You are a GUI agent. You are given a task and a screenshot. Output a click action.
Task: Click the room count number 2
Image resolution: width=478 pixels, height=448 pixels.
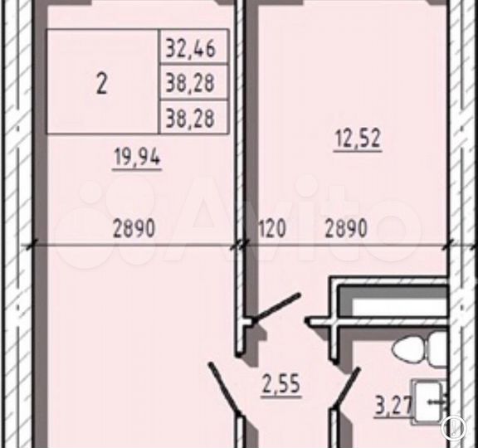tap(101, 83)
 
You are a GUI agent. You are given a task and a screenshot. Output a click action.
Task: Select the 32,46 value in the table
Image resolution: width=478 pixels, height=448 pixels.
tap(190, 48)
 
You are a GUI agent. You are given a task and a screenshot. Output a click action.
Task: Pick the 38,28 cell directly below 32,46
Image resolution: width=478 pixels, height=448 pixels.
tap(190, 83)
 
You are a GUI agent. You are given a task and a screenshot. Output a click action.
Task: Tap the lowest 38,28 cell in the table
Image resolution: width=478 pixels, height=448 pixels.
tap(190, 119)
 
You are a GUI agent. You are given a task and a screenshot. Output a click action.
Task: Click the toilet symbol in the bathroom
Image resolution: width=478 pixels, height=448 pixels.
tap(418, 349)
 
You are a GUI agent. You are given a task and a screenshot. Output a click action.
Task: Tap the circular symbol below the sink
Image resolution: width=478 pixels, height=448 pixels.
tap(453, 427)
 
